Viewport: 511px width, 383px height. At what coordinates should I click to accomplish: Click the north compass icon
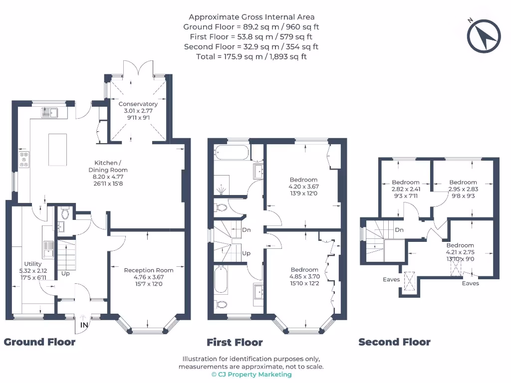point(483,35)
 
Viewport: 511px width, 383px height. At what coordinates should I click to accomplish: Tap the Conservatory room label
point(138,108)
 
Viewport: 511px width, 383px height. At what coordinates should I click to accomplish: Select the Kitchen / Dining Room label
point(108,173)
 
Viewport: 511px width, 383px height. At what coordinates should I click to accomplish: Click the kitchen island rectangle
point(58,149)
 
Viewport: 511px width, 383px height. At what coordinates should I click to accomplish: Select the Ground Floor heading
point(40,342)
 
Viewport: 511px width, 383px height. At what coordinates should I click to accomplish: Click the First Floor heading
point(235,342)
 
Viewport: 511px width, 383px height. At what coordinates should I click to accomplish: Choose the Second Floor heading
point(394,342)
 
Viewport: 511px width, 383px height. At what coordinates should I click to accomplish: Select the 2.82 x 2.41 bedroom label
point(405,189)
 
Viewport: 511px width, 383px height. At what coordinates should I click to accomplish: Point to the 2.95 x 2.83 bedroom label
point(463,189)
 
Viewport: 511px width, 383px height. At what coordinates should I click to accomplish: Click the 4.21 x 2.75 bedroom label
point(460,252)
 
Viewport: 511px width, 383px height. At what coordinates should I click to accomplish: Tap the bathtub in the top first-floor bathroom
point(231,152)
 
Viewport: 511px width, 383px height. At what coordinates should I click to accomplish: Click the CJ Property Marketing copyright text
point(252,374)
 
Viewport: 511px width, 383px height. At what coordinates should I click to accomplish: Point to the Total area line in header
point(252,56)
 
